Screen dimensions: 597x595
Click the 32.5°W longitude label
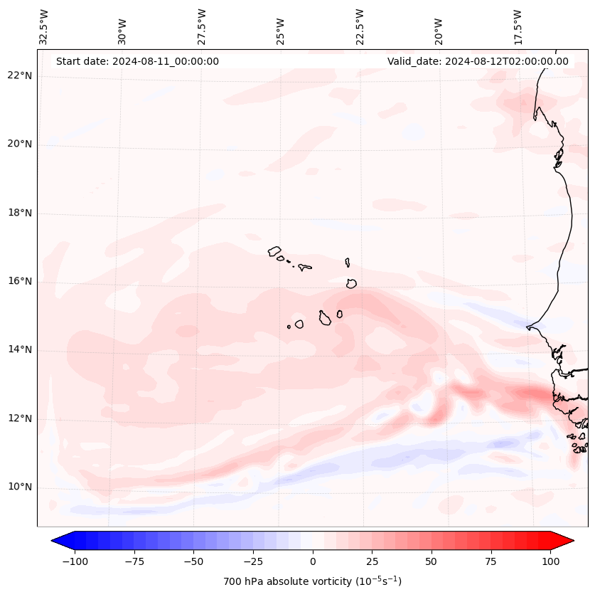pos(44,26)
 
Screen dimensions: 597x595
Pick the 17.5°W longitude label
pos(517,26)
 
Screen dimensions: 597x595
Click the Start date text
pos(137,61)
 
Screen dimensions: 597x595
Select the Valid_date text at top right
pos(478,61)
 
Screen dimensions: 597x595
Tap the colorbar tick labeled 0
pos(313,561)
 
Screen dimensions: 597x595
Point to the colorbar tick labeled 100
pos(550,561)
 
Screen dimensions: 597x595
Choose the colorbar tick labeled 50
pos(431,561)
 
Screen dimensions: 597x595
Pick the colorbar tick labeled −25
pos(253,561)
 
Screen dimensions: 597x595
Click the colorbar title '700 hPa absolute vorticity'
pos(312,581)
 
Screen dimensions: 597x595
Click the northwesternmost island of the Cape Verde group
pos(274,251)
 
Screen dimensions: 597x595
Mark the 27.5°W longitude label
pos(202,26)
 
